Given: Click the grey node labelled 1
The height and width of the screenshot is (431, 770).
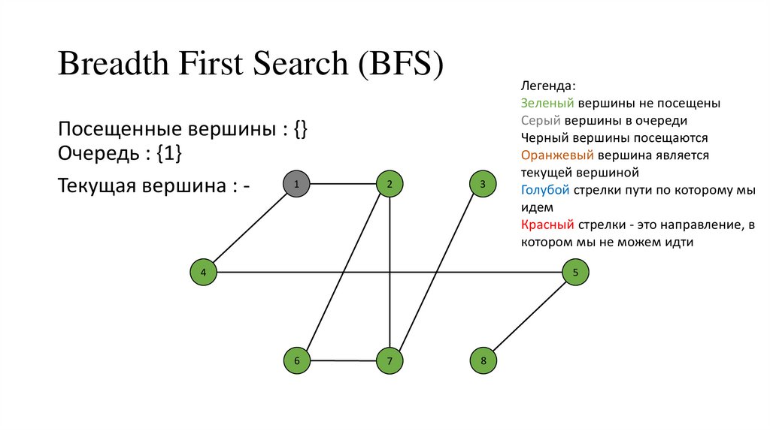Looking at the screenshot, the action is [296, 183].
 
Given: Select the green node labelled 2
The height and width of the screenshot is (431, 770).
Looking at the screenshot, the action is [390, 183].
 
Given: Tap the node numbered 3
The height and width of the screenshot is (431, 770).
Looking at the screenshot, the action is [483, 183].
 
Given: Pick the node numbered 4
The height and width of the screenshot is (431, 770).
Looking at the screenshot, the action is [203, 272].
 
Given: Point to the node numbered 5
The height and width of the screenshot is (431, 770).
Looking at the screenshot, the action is [575, 272].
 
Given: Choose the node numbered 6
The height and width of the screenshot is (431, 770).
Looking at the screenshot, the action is [296, 361].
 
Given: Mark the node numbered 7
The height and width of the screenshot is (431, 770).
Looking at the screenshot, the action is [390, 361].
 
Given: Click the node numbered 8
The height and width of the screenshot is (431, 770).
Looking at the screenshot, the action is [483, 361].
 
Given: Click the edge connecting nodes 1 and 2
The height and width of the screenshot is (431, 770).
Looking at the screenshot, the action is [343, 183].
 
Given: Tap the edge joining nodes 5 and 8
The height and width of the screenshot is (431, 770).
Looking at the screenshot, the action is [529, 316].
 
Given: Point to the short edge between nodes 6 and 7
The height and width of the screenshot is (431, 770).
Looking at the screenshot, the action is [343, 361].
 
